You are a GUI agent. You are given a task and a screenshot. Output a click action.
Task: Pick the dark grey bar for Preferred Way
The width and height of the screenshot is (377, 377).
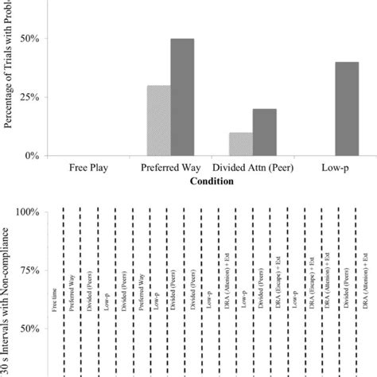point(182,97)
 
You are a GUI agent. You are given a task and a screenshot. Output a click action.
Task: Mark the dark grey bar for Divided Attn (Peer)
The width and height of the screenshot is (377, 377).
point(265,132)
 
